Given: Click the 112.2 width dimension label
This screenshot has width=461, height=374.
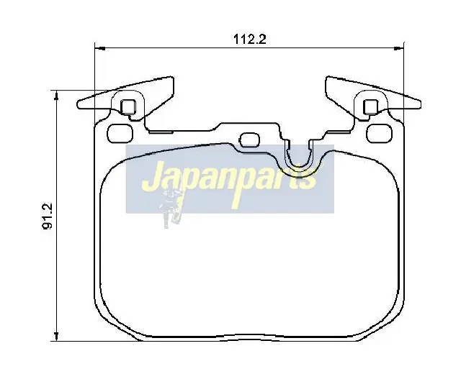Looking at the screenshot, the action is [x=250, y=39].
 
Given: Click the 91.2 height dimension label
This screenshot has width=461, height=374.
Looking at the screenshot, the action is [x=48, y=216].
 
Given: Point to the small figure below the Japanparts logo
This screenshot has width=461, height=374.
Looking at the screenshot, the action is [x=171, y=208].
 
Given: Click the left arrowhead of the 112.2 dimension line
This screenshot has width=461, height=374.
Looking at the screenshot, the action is [x=100, y=48].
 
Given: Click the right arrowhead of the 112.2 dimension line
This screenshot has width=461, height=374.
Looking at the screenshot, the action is [x=399, y=48].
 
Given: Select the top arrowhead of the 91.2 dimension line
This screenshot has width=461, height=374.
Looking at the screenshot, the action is [x=56, y=96].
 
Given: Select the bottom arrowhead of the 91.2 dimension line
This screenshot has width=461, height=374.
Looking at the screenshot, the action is [x=56, y=336].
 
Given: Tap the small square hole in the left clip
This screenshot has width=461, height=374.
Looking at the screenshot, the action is [x=128, y=107].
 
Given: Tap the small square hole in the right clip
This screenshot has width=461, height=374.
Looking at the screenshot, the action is [x=371, y=107].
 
